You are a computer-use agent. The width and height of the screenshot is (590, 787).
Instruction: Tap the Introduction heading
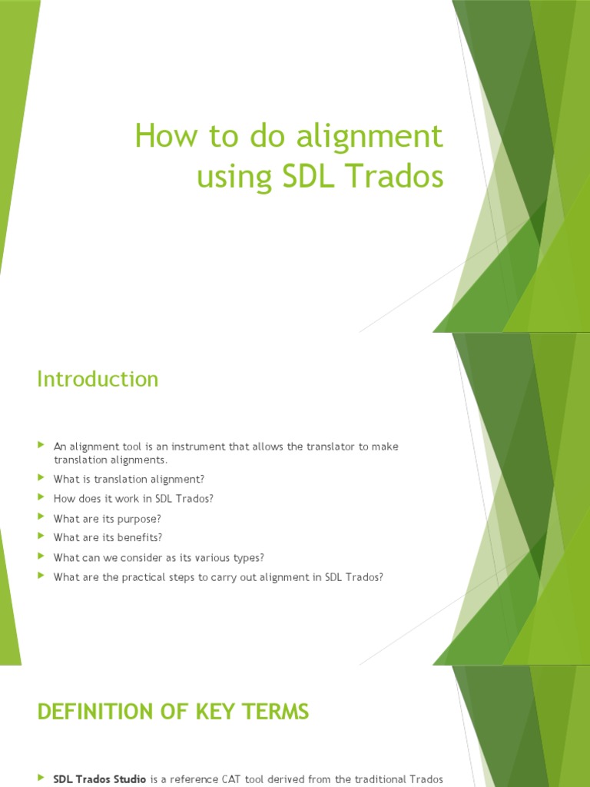point(98,379)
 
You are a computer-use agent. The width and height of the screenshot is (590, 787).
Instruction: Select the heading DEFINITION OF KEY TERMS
point(173,712)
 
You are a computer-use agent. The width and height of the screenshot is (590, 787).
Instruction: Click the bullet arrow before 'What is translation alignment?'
point(41,478)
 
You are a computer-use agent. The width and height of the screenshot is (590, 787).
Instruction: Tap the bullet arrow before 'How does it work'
point(41,497)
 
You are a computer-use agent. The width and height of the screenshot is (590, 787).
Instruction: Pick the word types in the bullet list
point(246,557)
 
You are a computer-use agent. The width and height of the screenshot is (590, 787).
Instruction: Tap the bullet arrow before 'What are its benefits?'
point(41,536)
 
